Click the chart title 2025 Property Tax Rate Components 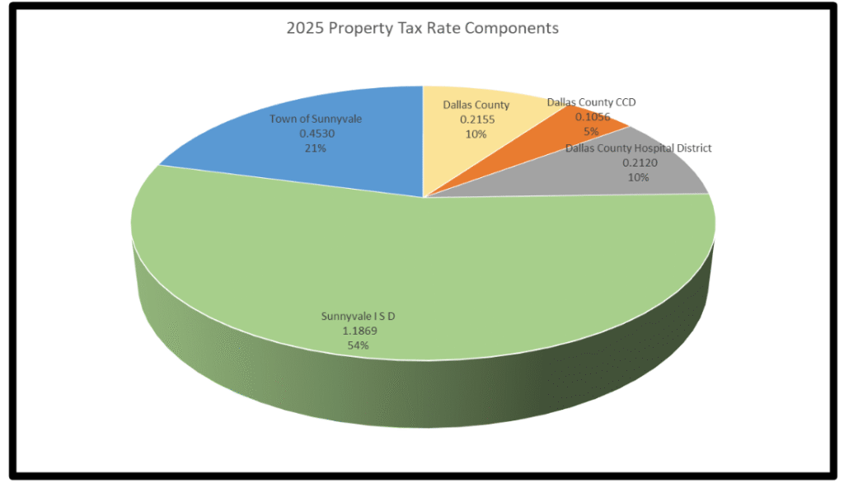click(x=422, y=28)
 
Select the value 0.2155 click(x=475, y=119)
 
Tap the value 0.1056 click(x=591, y=117)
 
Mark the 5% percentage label click(x=591, y=130)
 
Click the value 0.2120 click(x=638, y=162)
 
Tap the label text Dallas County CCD click(x=591, y=102)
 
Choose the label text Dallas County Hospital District click(x=638, y=148)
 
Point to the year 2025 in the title click(x=304, y=28)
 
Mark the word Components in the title click(x=513, y=29)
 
